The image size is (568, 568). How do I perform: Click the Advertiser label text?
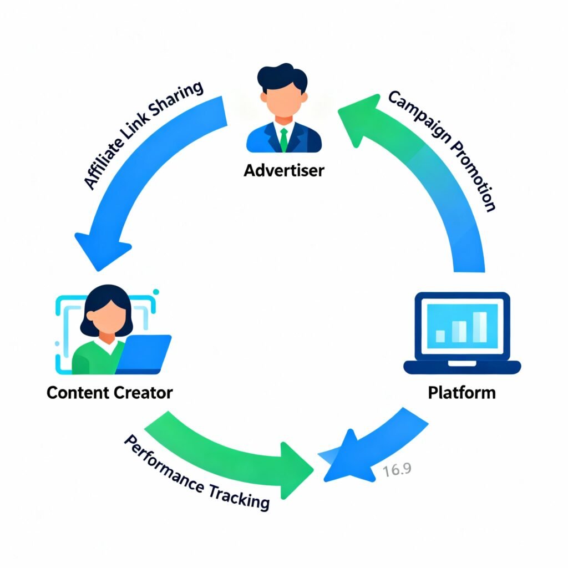pos(283,170)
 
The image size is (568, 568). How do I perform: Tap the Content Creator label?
pos(109,393)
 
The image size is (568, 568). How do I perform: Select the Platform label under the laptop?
pos(461,393)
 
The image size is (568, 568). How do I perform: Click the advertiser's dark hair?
pos(283,78)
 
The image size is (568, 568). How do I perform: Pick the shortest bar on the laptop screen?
pos(440,336)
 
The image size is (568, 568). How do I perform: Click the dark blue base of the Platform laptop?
pos(461,367)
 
